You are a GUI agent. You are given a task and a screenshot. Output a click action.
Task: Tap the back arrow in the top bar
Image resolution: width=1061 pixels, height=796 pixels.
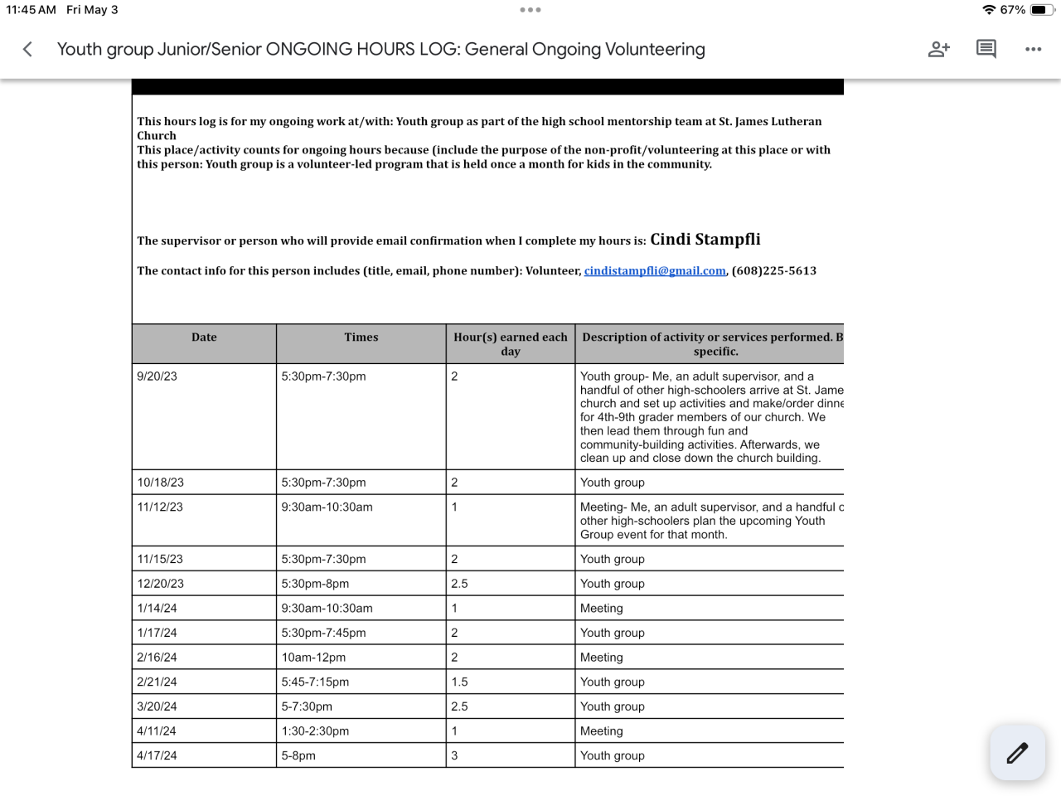point(27,50)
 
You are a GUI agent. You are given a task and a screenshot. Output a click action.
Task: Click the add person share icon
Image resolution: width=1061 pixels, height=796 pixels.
point(938,50)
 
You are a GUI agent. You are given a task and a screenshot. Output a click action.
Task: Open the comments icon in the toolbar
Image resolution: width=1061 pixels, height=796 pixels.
point(986,49)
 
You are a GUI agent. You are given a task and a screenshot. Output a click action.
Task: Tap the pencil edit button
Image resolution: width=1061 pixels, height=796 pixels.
point(1017,752)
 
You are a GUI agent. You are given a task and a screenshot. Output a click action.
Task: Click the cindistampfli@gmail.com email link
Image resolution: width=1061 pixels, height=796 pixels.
point(655,271)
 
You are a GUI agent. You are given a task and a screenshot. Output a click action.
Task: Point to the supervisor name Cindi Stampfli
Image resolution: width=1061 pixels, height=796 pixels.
point(705,240)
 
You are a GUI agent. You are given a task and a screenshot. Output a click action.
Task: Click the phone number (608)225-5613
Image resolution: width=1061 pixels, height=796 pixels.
point(774,271)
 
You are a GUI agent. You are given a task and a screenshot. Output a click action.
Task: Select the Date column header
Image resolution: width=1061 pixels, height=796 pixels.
point(204,337)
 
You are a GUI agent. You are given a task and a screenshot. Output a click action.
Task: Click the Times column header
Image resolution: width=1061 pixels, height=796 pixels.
point(361,337)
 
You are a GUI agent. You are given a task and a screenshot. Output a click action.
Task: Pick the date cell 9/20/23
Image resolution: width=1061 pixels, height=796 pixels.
point(157,376)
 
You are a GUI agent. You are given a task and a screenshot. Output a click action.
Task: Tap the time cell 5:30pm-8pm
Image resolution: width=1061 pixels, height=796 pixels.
point(315,584)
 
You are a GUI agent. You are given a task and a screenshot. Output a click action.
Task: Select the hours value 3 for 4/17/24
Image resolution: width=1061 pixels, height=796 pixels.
point(454,755)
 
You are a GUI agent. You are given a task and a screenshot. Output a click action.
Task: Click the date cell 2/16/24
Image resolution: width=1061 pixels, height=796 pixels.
point(157,658)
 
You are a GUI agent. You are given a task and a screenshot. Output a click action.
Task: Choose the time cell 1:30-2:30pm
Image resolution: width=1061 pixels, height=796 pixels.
point(315,731)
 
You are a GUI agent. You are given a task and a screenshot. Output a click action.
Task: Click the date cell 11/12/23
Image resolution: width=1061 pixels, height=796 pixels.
point(160,507)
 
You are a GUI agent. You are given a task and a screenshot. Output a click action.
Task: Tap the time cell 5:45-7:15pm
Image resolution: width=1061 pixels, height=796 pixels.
point(315,682)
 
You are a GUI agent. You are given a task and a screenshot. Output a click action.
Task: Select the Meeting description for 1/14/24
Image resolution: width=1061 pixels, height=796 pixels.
point(602,609)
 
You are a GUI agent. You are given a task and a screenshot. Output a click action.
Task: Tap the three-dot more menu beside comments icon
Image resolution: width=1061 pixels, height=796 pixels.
point(1033,50)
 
